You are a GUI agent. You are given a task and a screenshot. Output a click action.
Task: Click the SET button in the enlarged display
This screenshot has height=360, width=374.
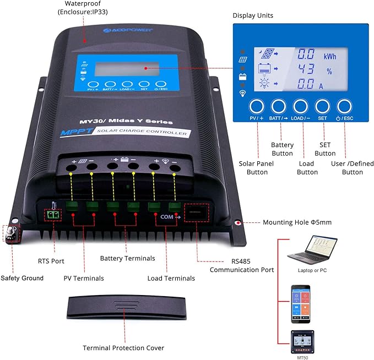[323, 107]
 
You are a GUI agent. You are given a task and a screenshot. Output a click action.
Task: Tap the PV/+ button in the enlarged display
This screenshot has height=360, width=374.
[257, 107]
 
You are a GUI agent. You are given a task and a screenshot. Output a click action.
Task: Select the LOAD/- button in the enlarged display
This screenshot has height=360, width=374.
[301, 107]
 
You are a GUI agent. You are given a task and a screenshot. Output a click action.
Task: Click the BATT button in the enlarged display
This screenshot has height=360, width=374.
[279, 107]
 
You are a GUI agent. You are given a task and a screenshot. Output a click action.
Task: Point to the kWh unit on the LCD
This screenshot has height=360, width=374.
[329, 56]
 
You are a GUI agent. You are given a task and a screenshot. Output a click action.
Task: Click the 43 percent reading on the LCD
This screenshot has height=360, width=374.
[306, 70]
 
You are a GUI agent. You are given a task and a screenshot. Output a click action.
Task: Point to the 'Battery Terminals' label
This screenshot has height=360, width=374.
[127, 258]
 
